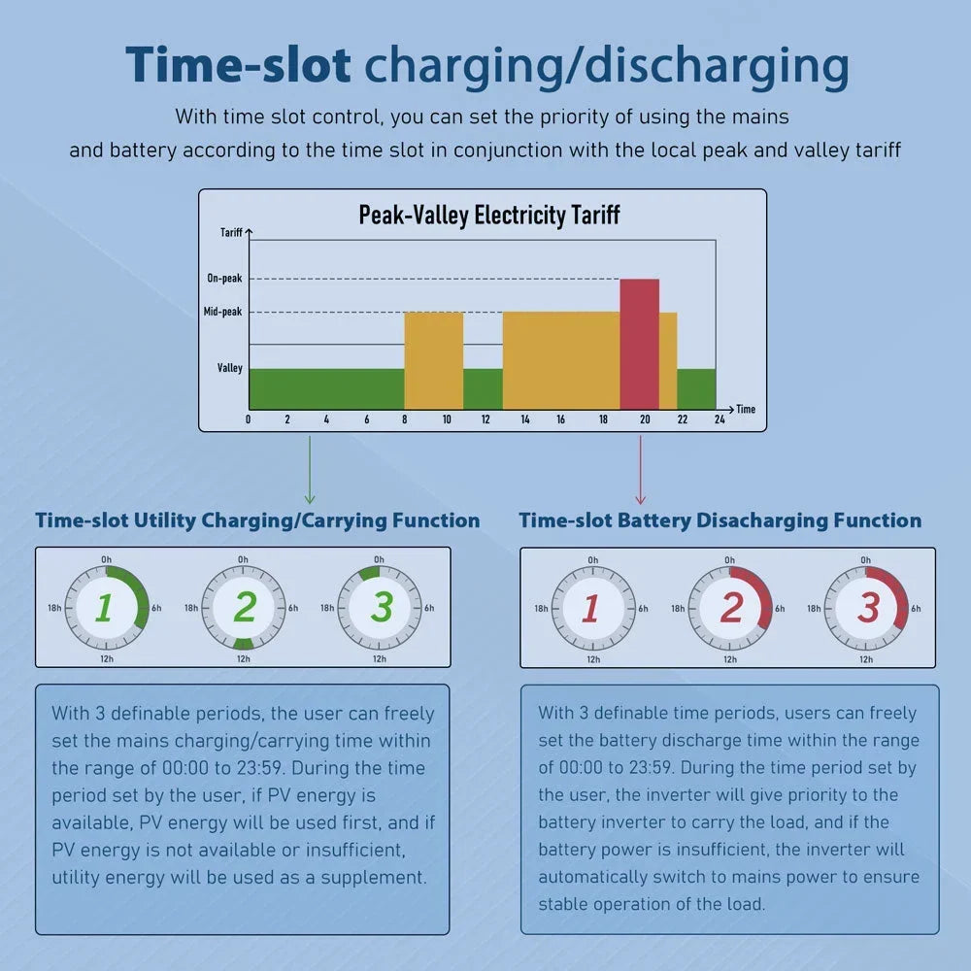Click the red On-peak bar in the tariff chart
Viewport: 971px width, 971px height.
639,344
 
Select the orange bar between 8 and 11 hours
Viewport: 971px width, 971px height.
433,360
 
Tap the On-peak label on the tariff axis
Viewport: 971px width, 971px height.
224,278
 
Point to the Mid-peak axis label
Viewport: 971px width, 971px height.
223,312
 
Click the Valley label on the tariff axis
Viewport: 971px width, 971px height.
230,368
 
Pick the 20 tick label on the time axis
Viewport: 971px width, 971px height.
645,419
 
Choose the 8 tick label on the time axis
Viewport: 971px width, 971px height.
404,419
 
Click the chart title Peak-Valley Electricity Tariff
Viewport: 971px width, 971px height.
489,216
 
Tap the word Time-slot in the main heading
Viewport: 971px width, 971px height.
239,64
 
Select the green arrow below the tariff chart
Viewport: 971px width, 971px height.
310,470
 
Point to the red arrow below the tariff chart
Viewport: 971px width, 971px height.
640,470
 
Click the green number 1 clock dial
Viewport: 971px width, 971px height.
107,608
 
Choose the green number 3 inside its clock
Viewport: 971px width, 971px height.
382,607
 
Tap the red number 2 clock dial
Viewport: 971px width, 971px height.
730,608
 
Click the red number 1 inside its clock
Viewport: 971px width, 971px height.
590,608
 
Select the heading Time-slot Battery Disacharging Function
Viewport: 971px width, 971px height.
720,520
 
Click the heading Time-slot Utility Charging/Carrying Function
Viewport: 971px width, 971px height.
257,520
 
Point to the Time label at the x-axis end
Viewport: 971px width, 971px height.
746,410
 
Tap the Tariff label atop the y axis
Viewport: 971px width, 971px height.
231,232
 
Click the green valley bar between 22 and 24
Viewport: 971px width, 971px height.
696,389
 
